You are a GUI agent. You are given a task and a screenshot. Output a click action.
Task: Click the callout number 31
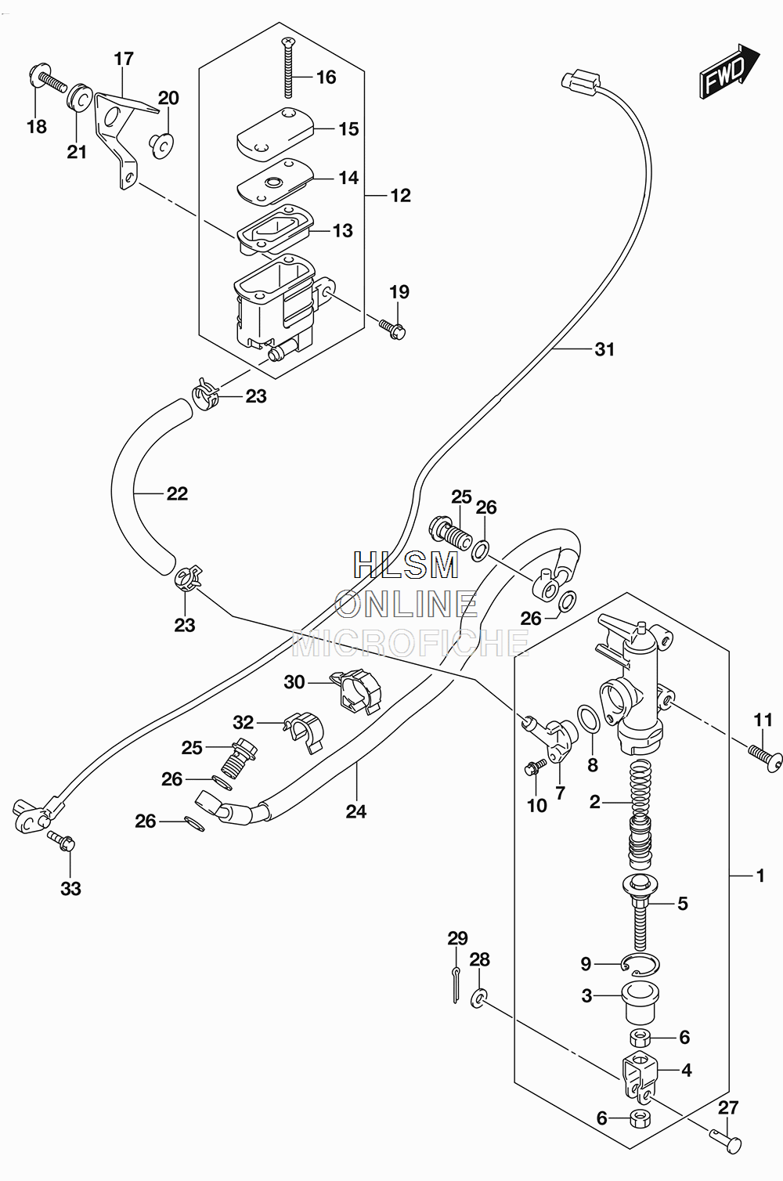(604, 349)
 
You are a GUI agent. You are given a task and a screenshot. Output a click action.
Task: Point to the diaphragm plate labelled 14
(274, 182)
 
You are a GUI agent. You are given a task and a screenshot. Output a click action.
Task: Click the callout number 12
(400, 196)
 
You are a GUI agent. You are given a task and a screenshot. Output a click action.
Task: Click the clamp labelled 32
(305, 731)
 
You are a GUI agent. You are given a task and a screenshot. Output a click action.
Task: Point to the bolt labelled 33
(62, 842)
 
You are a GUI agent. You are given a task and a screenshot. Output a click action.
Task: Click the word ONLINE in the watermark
(406, 605)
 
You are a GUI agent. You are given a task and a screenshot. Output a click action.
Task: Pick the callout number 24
(356, 811)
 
